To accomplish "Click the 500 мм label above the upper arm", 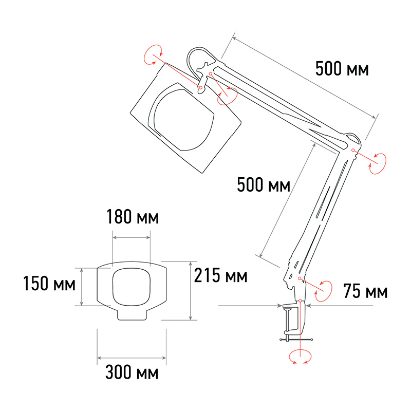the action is [342, 69].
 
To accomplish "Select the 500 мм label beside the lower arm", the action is [264, 185].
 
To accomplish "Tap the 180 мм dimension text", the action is [133, 217].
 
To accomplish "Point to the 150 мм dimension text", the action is [49, 284].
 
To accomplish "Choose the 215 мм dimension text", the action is [221, 275].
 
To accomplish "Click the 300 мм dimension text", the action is [132, 372].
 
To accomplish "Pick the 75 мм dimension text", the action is [365, 291].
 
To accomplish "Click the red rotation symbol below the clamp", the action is [300, 356].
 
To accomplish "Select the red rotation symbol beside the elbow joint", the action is [378, 163].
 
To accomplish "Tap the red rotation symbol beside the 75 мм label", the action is [324, 291].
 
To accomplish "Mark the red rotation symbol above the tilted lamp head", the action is [153, 54].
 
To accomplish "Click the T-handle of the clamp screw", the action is [296, 340].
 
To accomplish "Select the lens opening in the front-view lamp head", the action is [132, 287].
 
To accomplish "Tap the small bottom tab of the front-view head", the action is [132, 315].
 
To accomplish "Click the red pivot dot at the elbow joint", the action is [353, 150].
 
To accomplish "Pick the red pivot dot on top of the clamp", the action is [300, 301].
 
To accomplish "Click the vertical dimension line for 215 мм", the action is [191, 291].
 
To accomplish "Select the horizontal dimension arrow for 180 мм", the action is [132, 237].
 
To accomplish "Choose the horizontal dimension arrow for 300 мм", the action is [132, 358].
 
